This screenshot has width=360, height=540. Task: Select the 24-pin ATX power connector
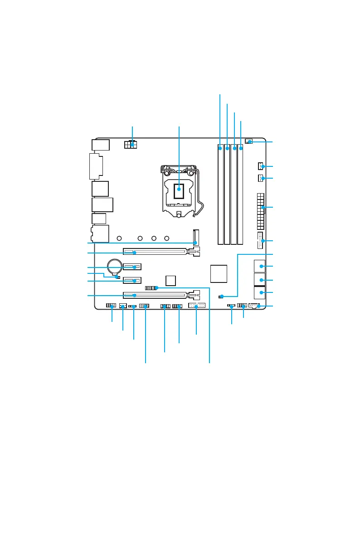tap(260, 211)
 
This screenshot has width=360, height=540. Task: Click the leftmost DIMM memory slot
tap(220, 195)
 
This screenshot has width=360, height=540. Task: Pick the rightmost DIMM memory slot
tap(240, 195)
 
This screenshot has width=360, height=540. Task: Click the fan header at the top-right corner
tap(249, 142)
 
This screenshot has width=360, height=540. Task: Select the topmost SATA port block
tap(259, 266)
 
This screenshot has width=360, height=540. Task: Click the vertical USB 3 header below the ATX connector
tap(260, 240)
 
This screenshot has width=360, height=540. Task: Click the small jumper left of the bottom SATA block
tap(221, 297)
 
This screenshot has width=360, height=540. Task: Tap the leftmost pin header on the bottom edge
tap(112, 306)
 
